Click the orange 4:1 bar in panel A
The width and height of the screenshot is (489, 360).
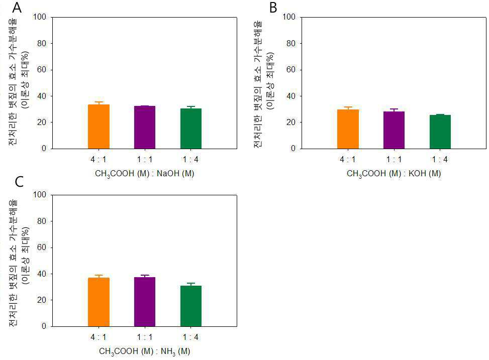pyautogui.click(x=99, y=127)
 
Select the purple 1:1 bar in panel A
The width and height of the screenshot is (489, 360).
pyautogui.click(x=145, y=127)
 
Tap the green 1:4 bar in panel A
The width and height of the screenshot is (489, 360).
pyautogui.click(x=191, y=129)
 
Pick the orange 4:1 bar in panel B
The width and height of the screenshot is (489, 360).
pyautogui.click(x=348, y=129)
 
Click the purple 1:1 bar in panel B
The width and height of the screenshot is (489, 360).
pyautogui.click(x=394, y=130)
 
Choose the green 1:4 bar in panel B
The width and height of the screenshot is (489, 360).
pyautogui.click(x=440, y=132)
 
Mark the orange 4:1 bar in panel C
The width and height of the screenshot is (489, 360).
pyautogui.click(x=99, y=302)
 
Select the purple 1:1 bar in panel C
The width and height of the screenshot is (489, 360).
pyautogui.click(x=145, y=302)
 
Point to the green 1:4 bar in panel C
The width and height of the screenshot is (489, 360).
pyautogui.click(x=191, y=306)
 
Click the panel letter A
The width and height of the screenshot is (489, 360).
pyautogui.click(x=17, y=8)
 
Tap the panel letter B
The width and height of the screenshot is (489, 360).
pyautogui.click(x=273, y=8)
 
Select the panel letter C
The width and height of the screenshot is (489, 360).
pyautogui.click(x=19, y=181)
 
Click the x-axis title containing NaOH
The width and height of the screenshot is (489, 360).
pyautogui.click(x=144, y=174)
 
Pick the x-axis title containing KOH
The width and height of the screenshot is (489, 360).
pyautogui.click(x=394, y=174)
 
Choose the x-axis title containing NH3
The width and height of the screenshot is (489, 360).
pyautogui.click(x=144, y=351)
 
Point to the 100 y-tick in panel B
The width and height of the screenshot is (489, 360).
pyautogui.click(x=289, y=17)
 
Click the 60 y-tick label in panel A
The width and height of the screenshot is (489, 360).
pyautogui.click(x=42, y=69)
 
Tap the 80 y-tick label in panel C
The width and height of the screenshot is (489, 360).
pyautogui.click(x=42, y=221)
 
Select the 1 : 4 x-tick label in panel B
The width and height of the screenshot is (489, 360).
pyautogui.click(x=440, y=160)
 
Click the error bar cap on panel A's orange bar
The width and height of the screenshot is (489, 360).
pyautogui.click(x=99, y=102)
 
